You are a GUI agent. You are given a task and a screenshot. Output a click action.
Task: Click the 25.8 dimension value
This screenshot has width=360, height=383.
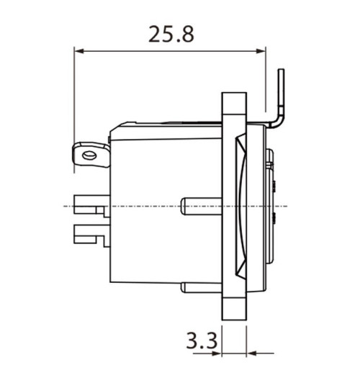[171, 33]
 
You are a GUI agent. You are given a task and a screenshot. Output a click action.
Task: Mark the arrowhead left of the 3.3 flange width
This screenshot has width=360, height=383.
[216, 353]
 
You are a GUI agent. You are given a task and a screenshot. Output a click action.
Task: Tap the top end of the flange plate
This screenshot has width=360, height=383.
[234, 96]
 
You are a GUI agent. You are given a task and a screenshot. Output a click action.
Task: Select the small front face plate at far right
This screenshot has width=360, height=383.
[271, 207]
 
